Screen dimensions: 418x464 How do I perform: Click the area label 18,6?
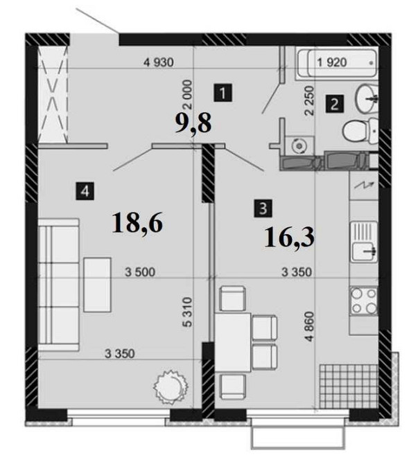137,224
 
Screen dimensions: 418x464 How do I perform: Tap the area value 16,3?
290,238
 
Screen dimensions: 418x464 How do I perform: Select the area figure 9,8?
193,123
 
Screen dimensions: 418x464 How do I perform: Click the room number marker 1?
223,93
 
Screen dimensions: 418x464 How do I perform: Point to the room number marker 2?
334,104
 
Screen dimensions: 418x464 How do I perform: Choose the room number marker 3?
263,208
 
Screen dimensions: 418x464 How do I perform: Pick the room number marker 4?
85,191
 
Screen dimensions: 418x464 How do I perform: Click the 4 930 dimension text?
159,62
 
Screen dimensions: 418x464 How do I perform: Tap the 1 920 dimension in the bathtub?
332,62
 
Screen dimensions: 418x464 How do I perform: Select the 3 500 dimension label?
140,272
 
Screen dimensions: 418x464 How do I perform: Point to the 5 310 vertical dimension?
188,312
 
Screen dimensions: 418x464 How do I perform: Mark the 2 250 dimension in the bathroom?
309,100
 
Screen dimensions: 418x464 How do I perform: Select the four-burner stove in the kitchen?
364,301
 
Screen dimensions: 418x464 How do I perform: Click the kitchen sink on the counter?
364,242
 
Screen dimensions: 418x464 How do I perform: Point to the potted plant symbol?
171,385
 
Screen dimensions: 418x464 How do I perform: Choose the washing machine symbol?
299,145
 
